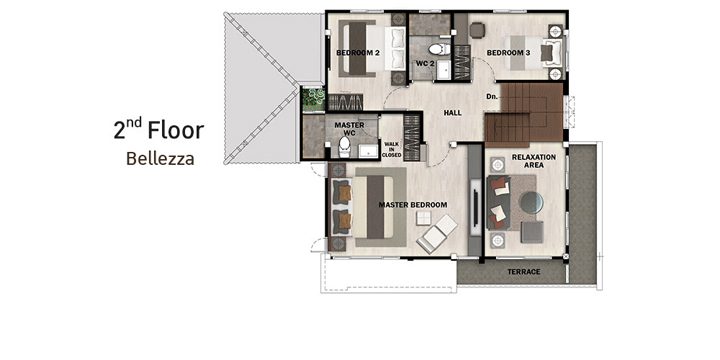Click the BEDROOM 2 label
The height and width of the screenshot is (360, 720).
click(358, 53)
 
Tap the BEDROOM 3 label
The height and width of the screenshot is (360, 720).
click(508, 53)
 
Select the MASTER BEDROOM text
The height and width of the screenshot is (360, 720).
click(413, 205)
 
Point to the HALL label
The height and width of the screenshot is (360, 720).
click(453, 112)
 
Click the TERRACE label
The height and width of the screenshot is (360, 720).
click(524, 272)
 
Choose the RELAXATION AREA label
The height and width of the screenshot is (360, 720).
click(534, 161)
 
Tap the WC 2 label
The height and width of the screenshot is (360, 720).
click(425, 63)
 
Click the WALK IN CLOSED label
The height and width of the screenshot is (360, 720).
click(392, 150)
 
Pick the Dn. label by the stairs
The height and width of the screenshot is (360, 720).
click(492, 97)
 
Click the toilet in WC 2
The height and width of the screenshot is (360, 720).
click(439, 49)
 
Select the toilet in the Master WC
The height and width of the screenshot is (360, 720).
click(344, 147)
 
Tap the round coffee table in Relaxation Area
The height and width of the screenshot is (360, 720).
click(531, 202)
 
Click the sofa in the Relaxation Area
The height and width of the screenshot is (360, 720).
click(498, 202)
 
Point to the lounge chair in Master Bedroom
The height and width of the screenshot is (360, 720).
click(437, 234)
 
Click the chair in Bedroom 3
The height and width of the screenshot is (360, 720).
click(477, 30)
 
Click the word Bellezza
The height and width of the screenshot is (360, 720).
click(160, 159)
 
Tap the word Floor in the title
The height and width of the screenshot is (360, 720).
click(175, 130)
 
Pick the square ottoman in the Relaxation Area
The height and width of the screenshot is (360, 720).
click(532, 232)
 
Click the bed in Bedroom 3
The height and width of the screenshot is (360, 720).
click(535, 52)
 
